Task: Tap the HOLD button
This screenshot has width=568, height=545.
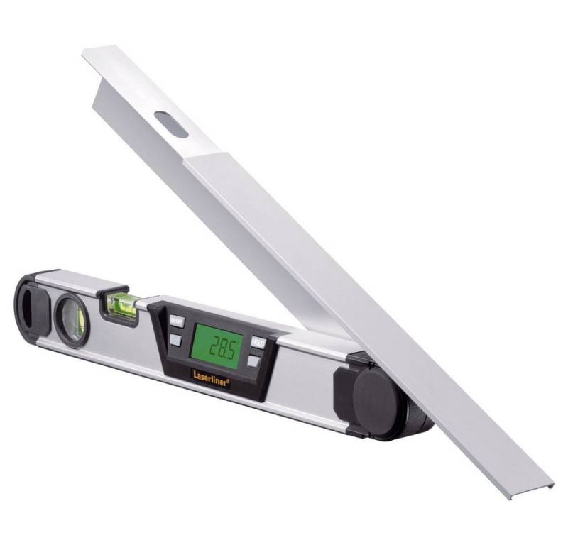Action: [258, 343]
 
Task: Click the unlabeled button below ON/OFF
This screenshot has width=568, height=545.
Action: [175, 339]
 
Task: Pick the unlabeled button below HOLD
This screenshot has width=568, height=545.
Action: [253, 361]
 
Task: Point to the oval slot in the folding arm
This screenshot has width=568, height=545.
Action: [171, 125]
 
